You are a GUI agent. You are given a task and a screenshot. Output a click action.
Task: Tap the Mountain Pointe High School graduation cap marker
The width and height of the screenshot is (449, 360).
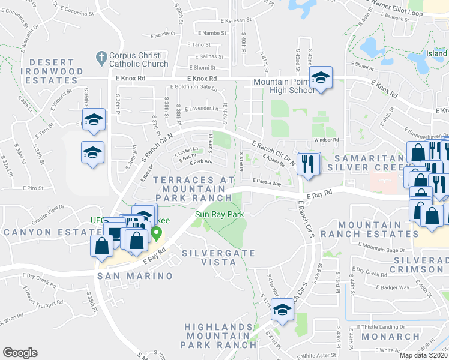(321, 78)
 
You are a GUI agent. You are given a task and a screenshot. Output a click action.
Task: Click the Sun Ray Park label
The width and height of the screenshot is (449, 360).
(218, 214)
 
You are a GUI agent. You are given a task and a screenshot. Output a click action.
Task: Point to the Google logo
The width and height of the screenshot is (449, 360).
(20, 353)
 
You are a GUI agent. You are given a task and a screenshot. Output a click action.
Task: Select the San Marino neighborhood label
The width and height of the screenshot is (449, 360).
(136, 276)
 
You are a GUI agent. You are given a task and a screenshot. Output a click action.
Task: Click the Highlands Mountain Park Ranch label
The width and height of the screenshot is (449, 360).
(217, 336)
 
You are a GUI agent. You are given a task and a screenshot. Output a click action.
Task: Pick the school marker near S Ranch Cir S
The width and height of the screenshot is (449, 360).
(282, 310)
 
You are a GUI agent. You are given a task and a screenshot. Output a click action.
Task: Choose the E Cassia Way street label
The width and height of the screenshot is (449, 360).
(267, 182)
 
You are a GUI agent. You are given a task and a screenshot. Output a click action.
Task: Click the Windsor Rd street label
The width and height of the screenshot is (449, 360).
(327, 140)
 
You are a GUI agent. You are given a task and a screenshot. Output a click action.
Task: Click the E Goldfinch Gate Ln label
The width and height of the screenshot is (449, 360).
(193, 87)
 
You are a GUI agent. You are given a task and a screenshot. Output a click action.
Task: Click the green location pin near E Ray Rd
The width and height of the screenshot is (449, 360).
(157, 233)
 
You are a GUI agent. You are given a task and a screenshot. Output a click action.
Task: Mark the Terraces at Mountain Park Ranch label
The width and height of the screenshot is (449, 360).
(193, 188)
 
